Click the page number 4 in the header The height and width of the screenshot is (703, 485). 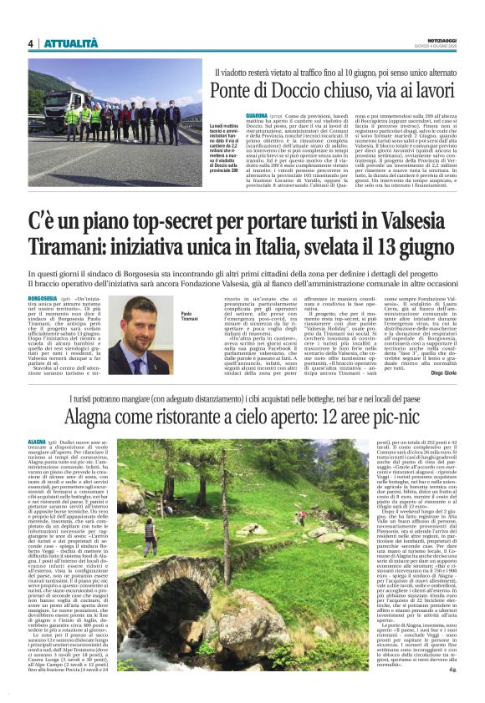(30, 43)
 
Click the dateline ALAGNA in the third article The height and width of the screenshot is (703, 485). (37, 439)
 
